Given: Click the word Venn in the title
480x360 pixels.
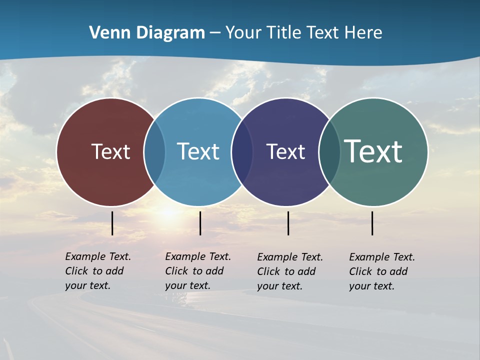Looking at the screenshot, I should [106, 33].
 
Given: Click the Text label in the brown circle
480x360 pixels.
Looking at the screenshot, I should [110, 151].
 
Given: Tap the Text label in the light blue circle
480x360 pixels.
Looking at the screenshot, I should [198, 151].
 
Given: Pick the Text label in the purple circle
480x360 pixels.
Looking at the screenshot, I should [285, 151].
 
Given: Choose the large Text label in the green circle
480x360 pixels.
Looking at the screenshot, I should [373, 151].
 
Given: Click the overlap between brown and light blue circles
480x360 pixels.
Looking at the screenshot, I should [154, 151].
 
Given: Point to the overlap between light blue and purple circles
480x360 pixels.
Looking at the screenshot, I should [242, 151].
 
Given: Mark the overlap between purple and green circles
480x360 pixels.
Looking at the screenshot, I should [329, 151].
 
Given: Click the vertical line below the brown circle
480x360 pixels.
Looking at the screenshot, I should [112, 223].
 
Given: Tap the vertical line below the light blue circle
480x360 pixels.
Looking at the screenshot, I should [200, 223].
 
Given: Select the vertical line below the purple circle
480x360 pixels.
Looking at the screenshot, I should [288, 223].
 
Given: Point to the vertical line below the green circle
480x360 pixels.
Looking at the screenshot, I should [372, 223].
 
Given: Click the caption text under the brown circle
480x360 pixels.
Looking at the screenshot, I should [97, 271].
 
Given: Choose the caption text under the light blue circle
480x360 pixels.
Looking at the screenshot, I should [197, 271].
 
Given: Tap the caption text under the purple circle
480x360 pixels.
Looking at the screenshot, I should [289, 271].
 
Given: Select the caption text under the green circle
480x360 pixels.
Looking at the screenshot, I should [381, 271].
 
